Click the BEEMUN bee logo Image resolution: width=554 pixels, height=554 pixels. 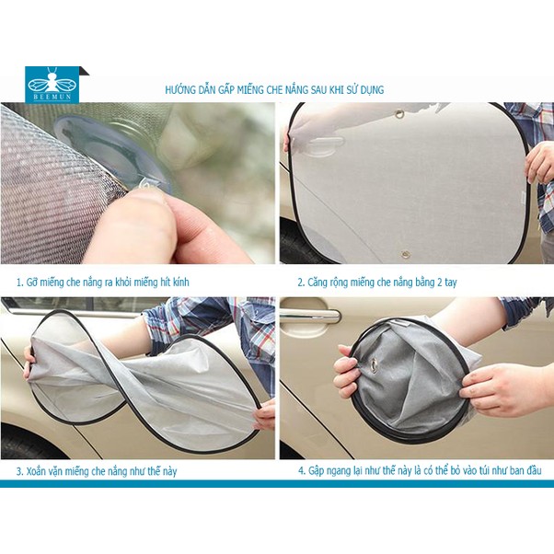(x=52, y=85)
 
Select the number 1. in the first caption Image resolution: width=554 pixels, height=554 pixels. (x=20, y=283)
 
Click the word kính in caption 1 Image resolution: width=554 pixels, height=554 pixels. (x=181, y=283)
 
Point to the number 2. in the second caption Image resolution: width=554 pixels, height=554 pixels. (x=301, y=283)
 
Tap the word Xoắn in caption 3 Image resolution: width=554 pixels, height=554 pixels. (x=37, y=471)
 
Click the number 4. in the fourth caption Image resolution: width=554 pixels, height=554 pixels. (x=301, y=471)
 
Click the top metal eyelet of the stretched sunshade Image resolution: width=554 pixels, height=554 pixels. (x=400, y=114)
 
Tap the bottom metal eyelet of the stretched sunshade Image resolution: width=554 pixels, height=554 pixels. (x=405, y=254)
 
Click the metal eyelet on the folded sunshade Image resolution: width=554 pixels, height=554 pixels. (x=374, y=364)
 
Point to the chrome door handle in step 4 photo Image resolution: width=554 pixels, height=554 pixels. (x=310, y=316)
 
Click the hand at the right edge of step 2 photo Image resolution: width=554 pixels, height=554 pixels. (x=539, y=164)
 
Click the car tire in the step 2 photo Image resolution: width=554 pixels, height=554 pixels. (x=301, y=244)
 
